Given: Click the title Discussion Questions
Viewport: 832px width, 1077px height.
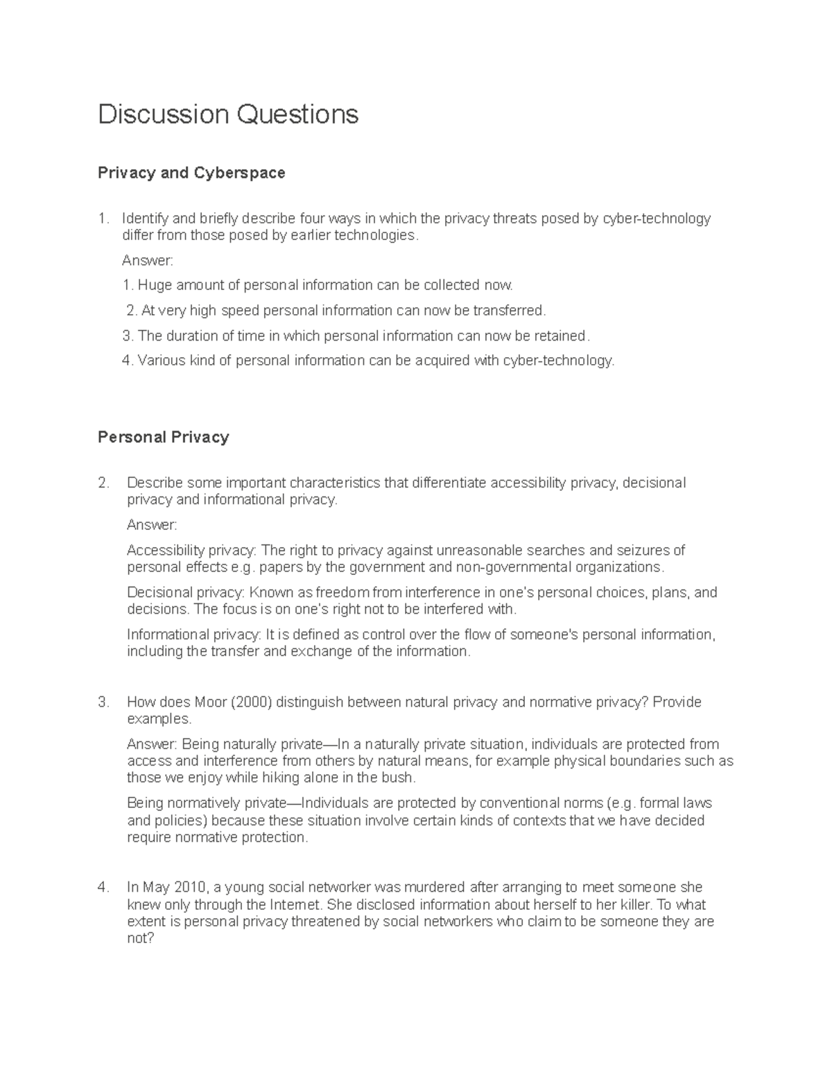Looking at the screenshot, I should click(x=228, y=114).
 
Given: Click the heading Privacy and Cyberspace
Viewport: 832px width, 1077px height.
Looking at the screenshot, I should click(x=191, y=173).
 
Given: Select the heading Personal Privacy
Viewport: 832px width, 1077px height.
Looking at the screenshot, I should click(x=163, y=438).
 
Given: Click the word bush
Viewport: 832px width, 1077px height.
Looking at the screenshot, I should click(x=398, y=778).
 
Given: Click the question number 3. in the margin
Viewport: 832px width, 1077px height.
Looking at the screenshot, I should click(x=103, y=703).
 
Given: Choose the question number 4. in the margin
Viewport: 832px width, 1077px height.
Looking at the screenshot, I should click(x=103, y=888).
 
